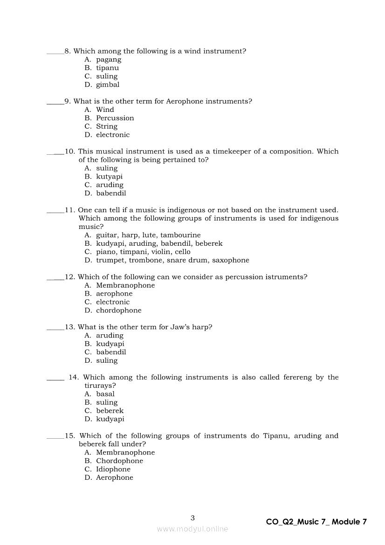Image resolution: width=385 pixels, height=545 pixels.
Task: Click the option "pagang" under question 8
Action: (109, 60)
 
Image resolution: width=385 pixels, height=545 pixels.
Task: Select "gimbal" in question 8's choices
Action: (108, 85)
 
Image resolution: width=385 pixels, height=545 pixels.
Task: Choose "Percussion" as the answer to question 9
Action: (115, 118)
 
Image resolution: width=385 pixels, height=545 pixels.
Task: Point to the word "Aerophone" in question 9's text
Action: (185, 101)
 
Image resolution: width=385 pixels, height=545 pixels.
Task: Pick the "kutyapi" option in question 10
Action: (109, 177)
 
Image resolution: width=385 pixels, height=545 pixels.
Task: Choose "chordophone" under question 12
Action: (118, 310)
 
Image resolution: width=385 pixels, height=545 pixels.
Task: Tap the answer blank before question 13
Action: (55, 330)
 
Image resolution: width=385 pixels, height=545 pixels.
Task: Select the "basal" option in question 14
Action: (105, 394)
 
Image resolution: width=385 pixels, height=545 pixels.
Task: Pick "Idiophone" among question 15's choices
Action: (113, 469)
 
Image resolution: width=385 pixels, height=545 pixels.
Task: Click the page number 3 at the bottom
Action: (193, 518)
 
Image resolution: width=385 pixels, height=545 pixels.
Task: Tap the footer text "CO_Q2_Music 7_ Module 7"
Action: (316, 522)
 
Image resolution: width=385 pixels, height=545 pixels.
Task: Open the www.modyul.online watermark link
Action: (192, 529)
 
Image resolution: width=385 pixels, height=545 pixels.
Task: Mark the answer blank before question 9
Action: (55, 103)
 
